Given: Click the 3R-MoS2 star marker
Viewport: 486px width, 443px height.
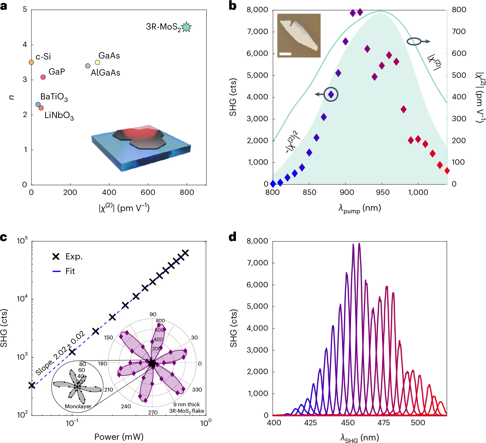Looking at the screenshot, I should [186, 27].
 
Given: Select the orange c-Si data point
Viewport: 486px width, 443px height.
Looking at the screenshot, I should [31, 62].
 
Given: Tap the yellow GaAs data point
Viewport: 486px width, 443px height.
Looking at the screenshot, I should [97, 62].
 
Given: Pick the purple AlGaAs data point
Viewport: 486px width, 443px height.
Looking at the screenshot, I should [88, 66].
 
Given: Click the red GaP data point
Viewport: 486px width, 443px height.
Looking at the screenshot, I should [43, 77].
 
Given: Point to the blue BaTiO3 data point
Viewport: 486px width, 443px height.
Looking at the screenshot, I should [38, 105].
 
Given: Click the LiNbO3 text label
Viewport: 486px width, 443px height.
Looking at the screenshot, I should [59, 115].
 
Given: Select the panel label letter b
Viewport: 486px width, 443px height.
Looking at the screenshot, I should [233, 6].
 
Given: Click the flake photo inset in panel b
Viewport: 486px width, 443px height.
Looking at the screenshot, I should [299, 35].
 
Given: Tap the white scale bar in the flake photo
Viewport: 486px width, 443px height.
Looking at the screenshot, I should [285, 54].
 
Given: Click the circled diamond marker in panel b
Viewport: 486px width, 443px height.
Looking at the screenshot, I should [331, 95].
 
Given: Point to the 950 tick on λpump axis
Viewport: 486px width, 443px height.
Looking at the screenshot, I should [382, 192].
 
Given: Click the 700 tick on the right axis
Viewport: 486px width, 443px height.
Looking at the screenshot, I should [459, 32].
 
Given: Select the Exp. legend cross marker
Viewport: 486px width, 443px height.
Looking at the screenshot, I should [56, 256].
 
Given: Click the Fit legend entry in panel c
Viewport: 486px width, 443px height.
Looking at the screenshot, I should [64, 271].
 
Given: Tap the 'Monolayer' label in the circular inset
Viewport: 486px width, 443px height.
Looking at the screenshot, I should [78, 406].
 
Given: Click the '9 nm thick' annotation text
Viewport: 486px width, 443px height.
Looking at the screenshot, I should [186, 404].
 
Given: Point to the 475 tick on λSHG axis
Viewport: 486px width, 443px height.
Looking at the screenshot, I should [383, 423].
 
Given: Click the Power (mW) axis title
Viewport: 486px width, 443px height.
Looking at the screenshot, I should [119, 437].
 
